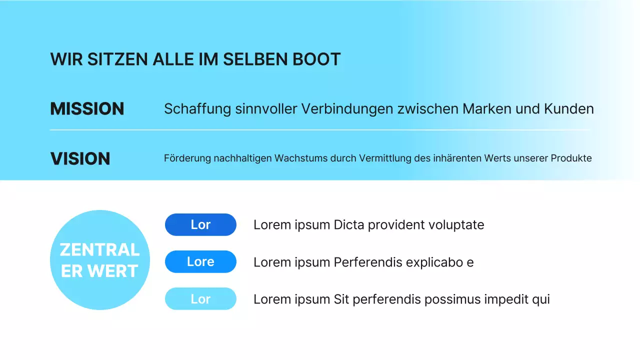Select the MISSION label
tap(87, 109)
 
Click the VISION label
tap(80, 159)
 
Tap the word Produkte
tap(571, 158)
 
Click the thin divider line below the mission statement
tap(320, 130)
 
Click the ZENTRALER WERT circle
tap(100, 260)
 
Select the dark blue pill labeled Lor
tap(200, 224)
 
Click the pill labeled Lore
tap(200, 261)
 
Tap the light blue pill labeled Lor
tap(200, 299)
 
